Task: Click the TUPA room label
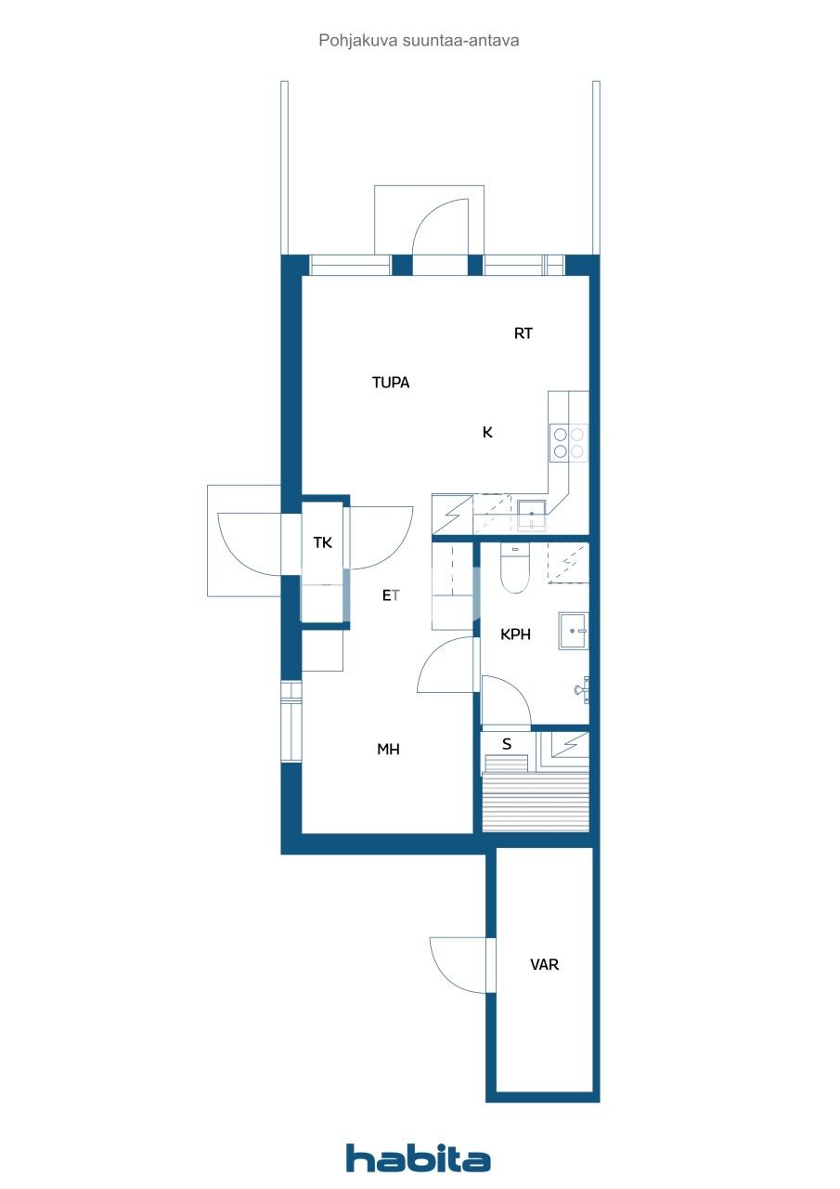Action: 391,382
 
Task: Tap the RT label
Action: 523,333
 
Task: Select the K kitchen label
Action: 487,432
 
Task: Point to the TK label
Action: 322,542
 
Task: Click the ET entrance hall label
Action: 392,596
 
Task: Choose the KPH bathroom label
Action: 515,634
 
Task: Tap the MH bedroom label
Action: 388,749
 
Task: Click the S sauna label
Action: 507,744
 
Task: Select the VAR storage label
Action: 544,965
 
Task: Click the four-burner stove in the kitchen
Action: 568,442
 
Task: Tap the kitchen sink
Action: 531,514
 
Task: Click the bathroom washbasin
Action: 573,631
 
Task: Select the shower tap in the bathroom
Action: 582,688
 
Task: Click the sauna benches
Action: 536,801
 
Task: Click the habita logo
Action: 419,1158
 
